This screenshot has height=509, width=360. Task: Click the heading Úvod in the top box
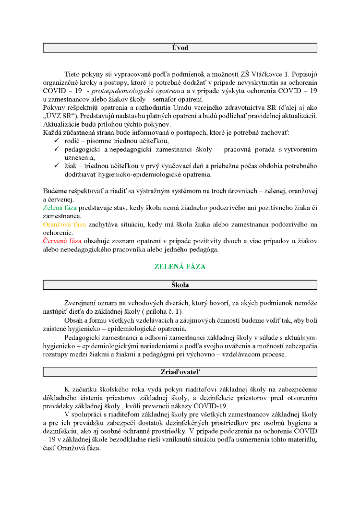180,48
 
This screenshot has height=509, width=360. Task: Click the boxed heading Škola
180,285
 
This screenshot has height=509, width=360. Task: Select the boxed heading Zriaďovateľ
180,372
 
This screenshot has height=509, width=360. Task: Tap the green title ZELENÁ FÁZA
180,266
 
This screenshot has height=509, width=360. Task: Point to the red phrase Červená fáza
62,241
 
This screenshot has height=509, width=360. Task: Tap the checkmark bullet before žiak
57,166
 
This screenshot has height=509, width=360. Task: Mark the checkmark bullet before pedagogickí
57,149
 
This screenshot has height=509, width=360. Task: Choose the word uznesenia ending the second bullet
79,157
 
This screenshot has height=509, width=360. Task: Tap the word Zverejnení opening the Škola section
81,303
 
